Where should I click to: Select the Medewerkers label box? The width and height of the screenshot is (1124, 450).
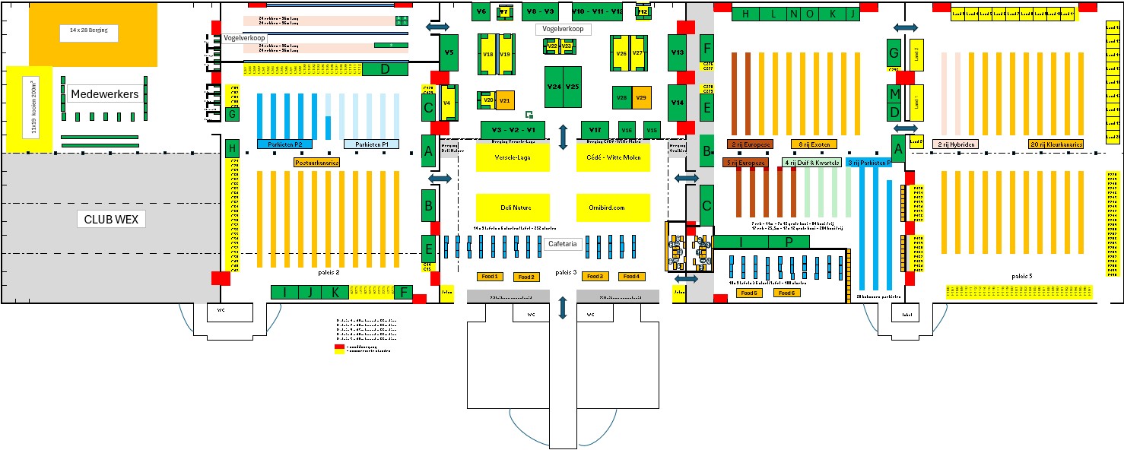[x=104, y=94]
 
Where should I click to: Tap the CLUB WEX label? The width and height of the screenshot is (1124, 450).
[x=112, y=220]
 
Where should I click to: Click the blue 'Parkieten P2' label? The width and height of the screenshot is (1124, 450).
[x=285, y=144]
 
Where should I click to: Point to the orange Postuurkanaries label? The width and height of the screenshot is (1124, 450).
[x=316, y=162]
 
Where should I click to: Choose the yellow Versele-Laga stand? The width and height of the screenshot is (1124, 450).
[x=513, y=158]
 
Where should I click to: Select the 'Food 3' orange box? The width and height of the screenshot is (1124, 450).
[x=595, y=277]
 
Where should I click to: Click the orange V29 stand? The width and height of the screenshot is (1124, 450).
[x=641, y=97]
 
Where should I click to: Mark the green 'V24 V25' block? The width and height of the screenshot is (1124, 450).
[x=563, y=87]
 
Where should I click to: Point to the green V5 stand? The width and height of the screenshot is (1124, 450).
[x=449, y=52]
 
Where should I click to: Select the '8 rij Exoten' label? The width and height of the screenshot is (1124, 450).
[x=814, y=144]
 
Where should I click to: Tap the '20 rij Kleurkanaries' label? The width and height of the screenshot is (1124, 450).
[x=1056, y=144]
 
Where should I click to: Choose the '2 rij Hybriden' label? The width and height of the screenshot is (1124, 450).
[x=955, y=144]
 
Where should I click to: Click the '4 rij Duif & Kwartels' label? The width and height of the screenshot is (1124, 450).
[x=810, y=163]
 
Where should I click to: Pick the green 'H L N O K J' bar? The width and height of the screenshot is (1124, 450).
[x=796, y=14]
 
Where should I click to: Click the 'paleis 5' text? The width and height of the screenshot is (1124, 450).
[x=1021, y=276]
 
